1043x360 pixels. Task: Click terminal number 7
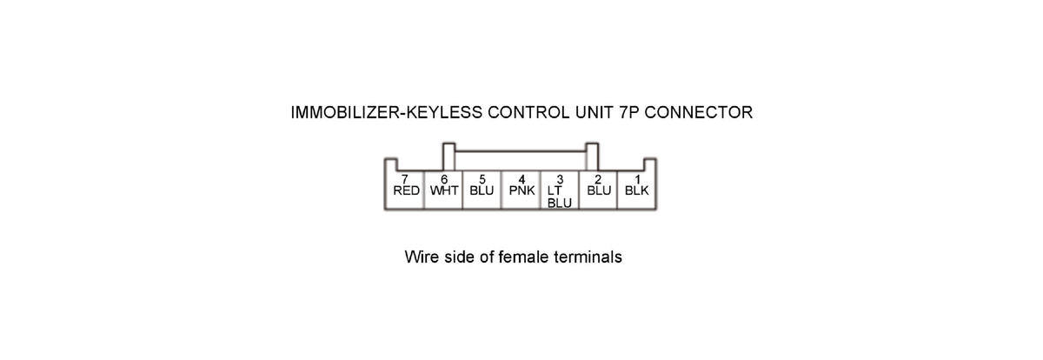pos(405,178)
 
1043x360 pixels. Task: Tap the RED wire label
pos(406,190)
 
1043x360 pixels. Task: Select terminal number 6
pos(443,178)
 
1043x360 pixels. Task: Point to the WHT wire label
pos(445,190)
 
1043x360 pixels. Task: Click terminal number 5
pos(482,178)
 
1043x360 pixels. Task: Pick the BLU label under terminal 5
pos(482,190)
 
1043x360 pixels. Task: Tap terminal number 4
pos(521,178)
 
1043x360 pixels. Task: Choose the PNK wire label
pos(521,190)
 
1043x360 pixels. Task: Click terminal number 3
pos(560,178)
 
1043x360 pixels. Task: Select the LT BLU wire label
pos(559,197)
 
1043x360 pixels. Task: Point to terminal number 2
pos(598,178)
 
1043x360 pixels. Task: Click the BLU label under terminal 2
pos(599,190)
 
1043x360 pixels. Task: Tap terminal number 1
pos(636,178)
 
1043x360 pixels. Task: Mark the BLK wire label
pos(637,190)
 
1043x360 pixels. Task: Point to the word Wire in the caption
pos(422,258)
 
